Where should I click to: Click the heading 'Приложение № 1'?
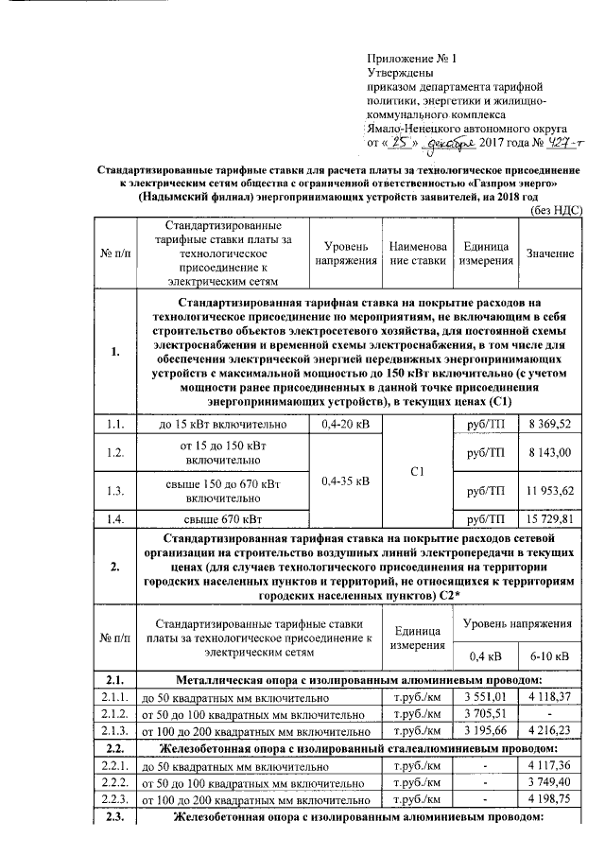coord(410,58)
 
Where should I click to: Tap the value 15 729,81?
coord(549,519)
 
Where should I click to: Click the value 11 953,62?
coord(549,490)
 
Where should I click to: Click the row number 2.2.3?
coord(114,799)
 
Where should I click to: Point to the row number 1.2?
coord(114,453)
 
